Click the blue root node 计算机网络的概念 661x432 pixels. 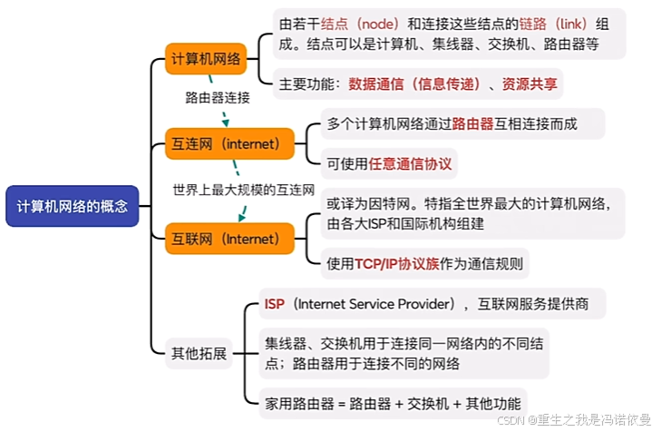(72, 206)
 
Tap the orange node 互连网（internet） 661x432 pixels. (229, 143)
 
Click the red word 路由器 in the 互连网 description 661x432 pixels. (471, 123)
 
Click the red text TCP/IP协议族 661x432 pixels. (396, 264)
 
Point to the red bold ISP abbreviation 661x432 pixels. (274, 303)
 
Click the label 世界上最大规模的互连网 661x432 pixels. (243, 191)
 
